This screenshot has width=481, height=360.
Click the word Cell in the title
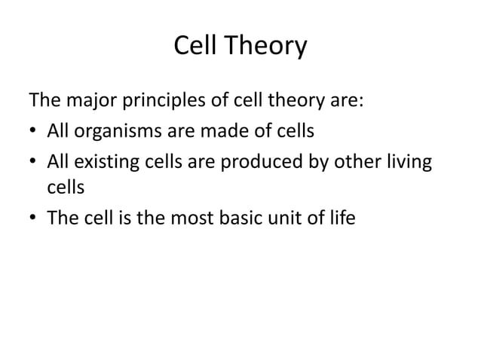pyautogui.click(x=192, y=46)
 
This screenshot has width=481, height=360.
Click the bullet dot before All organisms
pyautogui.click(x=33, y=133)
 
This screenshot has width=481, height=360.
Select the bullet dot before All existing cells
pyautogui.click(x=33, y=163)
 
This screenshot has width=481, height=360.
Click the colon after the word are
pyautogui.click(x=365, y=102)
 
